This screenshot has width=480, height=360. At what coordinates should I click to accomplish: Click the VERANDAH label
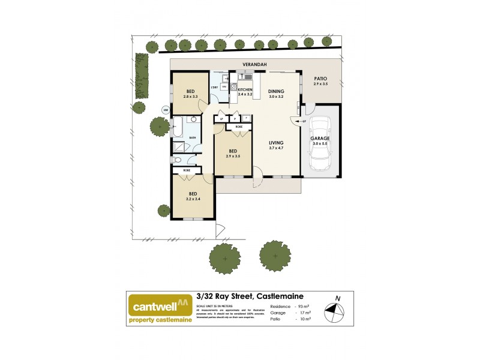pyautogui.click(x=254, y=64)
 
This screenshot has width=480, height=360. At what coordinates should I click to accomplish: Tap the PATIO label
pyautogui.click(x=321, y=79)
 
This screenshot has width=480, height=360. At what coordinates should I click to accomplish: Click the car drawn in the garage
pyautogui.click(x=320, y=143)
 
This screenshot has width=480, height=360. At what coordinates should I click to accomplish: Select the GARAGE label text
pyautogui.click(x=320, y=138)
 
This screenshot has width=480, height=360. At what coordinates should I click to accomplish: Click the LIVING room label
pyautogui.click(x=277, y=142)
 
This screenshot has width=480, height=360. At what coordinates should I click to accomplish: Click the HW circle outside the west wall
pyautogui.click(x=166, y=110)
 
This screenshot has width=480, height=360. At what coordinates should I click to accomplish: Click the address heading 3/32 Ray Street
pyautogui.click(x=250, y=296)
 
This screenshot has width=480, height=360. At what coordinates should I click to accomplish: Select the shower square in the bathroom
pyautogui.click(x=180, y=147)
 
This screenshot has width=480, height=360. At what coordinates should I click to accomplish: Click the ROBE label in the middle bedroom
pyautogui.click(x=238, y=127)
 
